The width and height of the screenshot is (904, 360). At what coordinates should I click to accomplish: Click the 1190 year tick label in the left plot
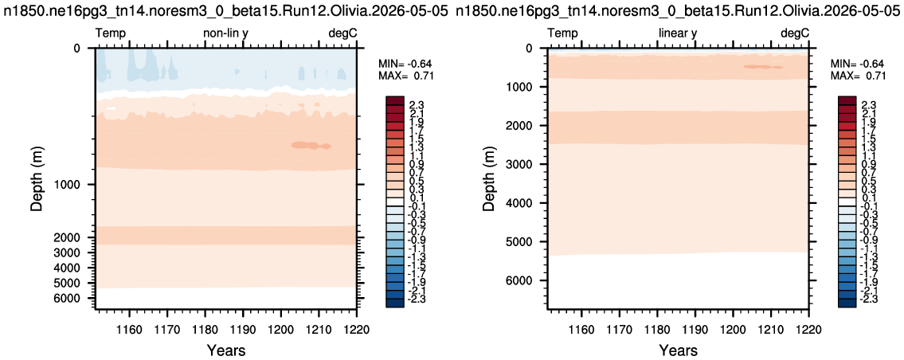coord(243,331)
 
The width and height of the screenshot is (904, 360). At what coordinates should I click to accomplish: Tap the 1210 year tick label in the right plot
coord(771,331)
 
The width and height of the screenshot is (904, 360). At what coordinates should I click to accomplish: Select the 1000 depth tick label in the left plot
coord(70,185)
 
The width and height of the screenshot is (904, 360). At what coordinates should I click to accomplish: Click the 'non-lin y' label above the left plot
coord(225,33)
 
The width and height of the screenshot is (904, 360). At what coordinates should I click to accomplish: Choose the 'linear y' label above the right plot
coord(678,33)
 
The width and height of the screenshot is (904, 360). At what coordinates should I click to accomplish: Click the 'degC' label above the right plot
coord(795,33)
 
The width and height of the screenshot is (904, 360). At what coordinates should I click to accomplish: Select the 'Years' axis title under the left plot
coord(225,350)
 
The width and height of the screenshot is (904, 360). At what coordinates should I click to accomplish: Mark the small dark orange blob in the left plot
coord(311,146)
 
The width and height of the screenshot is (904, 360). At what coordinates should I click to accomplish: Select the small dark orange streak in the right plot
coord(763,67)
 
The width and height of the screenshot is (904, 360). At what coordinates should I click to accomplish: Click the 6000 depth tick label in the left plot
coord(70,298)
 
